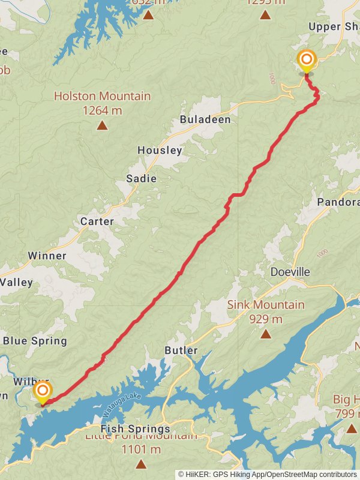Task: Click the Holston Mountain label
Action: [102, 96]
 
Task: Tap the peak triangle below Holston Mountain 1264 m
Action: [102, 125]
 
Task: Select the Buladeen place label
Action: [205, 120]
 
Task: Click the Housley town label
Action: [160, 151]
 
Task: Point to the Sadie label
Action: [141, 178]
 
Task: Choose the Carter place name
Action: [97, 221]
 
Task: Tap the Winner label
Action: [47, 256]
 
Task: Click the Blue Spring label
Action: [35, 341]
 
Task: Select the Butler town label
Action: [181, 350]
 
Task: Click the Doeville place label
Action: [290, 272]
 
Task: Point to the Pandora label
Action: [338, 202]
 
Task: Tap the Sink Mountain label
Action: [266, 305]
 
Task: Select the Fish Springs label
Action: [136, 429]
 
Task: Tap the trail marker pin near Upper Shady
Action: [307, 60]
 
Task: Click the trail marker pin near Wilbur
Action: [43, 392]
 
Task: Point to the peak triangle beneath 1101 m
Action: [141, 463]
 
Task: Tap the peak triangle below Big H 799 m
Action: [351, 428]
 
